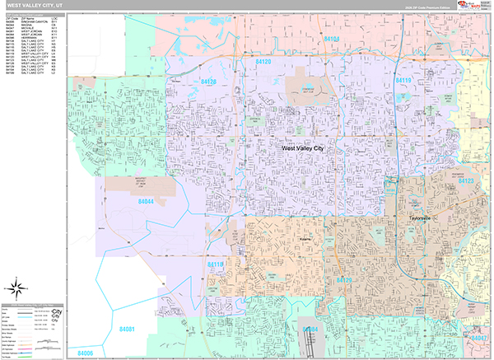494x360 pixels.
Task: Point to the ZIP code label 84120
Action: tap(263, 62)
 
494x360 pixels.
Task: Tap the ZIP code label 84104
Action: tap(332, 39)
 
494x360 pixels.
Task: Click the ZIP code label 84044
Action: tap(147, 201)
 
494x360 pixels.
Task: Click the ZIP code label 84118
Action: tap(216, 264)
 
